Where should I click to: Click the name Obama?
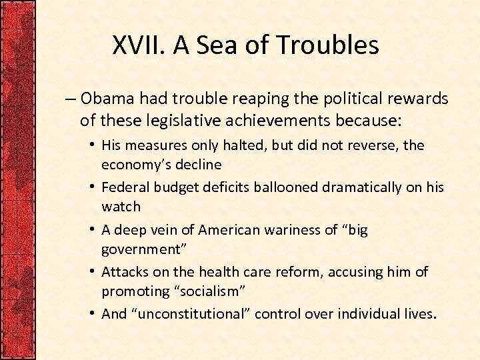(107, 99)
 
